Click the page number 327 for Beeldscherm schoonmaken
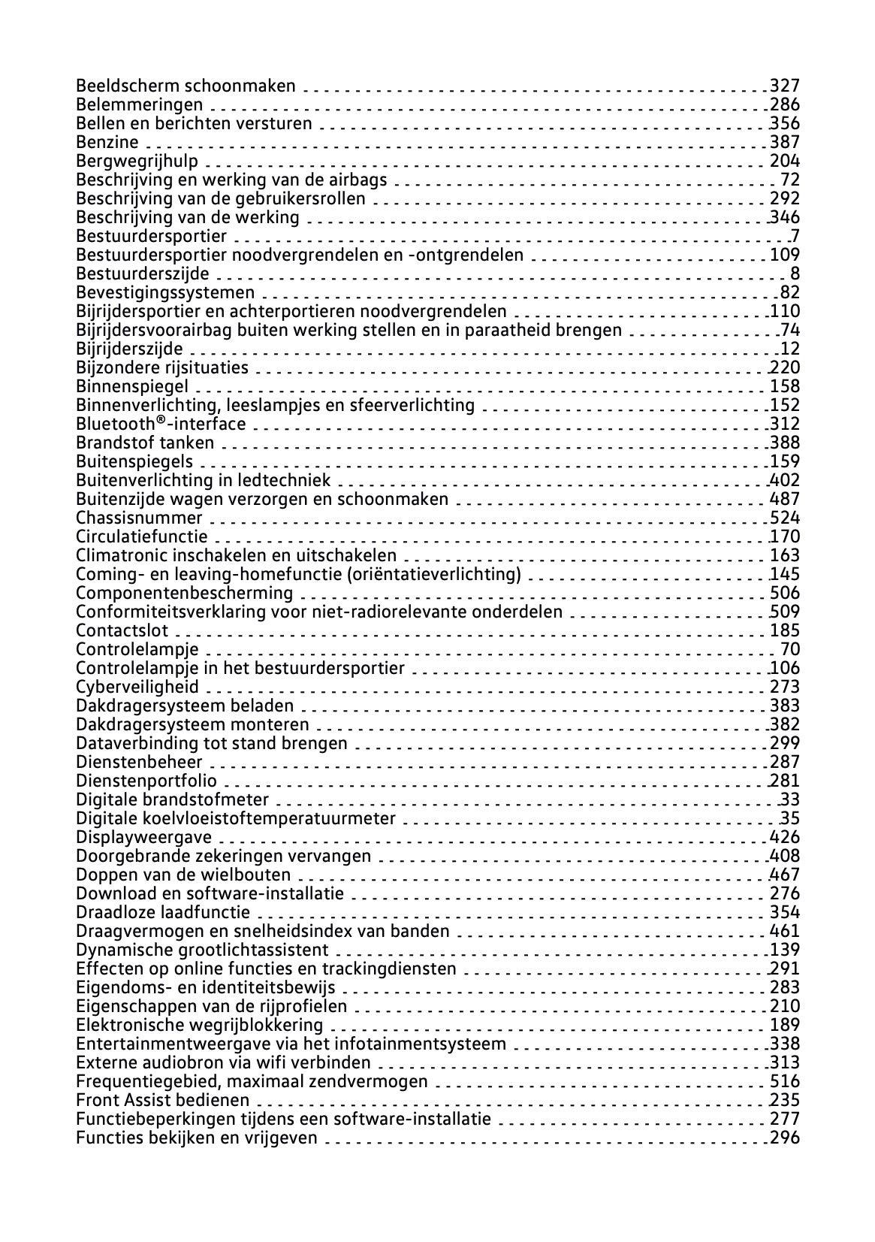(785, 86)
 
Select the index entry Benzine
(107, 142)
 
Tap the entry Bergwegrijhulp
(137, 161)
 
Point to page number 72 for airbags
(790, 180)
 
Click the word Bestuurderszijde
(143, 273)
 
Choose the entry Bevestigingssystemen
(165, 292)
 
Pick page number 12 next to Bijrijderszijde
(790, 349)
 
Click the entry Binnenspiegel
(132, 386)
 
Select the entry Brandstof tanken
(145, 443)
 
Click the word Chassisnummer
(139, 518)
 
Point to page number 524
(785, 518)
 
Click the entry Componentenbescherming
(185, 593)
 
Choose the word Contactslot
(122, 630)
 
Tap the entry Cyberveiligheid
(137, 687)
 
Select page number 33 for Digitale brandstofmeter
(790, 799)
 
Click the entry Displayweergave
(144, 837)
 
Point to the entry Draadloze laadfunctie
(163, 912)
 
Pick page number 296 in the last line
(785, 1138)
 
